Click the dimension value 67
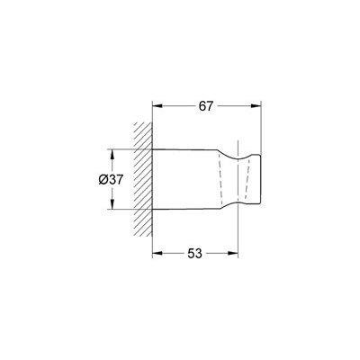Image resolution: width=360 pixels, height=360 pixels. click(x=205, y=106)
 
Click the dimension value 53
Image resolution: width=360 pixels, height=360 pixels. click(x=195, y=254)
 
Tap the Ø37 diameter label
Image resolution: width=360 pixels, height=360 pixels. click(x=111, y=180)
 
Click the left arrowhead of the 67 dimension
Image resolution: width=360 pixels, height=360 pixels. click(x=157, y=106)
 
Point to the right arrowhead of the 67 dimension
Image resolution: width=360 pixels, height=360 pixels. click(x=256, y=106)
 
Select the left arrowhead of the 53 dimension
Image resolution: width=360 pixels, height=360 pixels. click(x=157, y=254)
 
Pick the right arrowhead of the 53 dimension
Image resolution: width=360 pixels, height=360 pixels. click(x=233, y=254)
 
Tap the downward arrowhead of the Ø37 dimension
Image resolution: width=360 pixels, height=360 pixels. click(x=112, y=203)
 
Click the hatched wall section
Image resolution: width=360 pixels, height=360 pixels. click(x=143, y=179)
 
